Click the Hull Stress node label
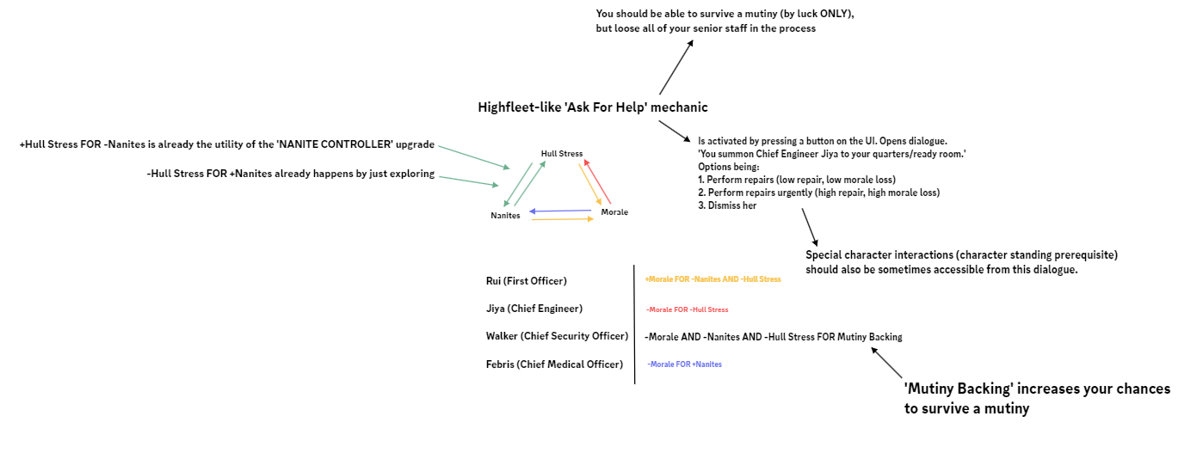click(x=562, y=153)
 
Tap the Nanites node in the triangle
click(x=505, y=215)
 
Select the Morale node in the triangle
click(x=614, y=211)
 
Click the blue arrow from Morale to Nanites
click(x=560, y=211)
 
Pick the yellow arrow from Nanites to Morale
click(x=562, y=220)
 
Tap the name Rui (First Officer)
click(x=526, y=281)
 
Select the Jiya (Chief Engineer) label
click(x=534, y=309)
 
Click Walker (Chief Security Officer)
click(x=557, y=336)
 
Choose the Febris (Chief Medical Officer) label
click(x=554, y=364)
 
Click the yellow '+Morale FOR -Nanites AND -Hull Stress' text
click(x=713, y=279)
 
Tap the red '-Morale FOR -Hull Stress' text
click(x=687, y=309)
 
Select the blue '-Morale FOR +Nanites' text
click(x=684, y=364)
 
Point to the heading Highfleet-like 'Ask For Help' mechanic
click(x=593, y=107)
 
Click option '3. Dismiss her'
click(x=727, y=205)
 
